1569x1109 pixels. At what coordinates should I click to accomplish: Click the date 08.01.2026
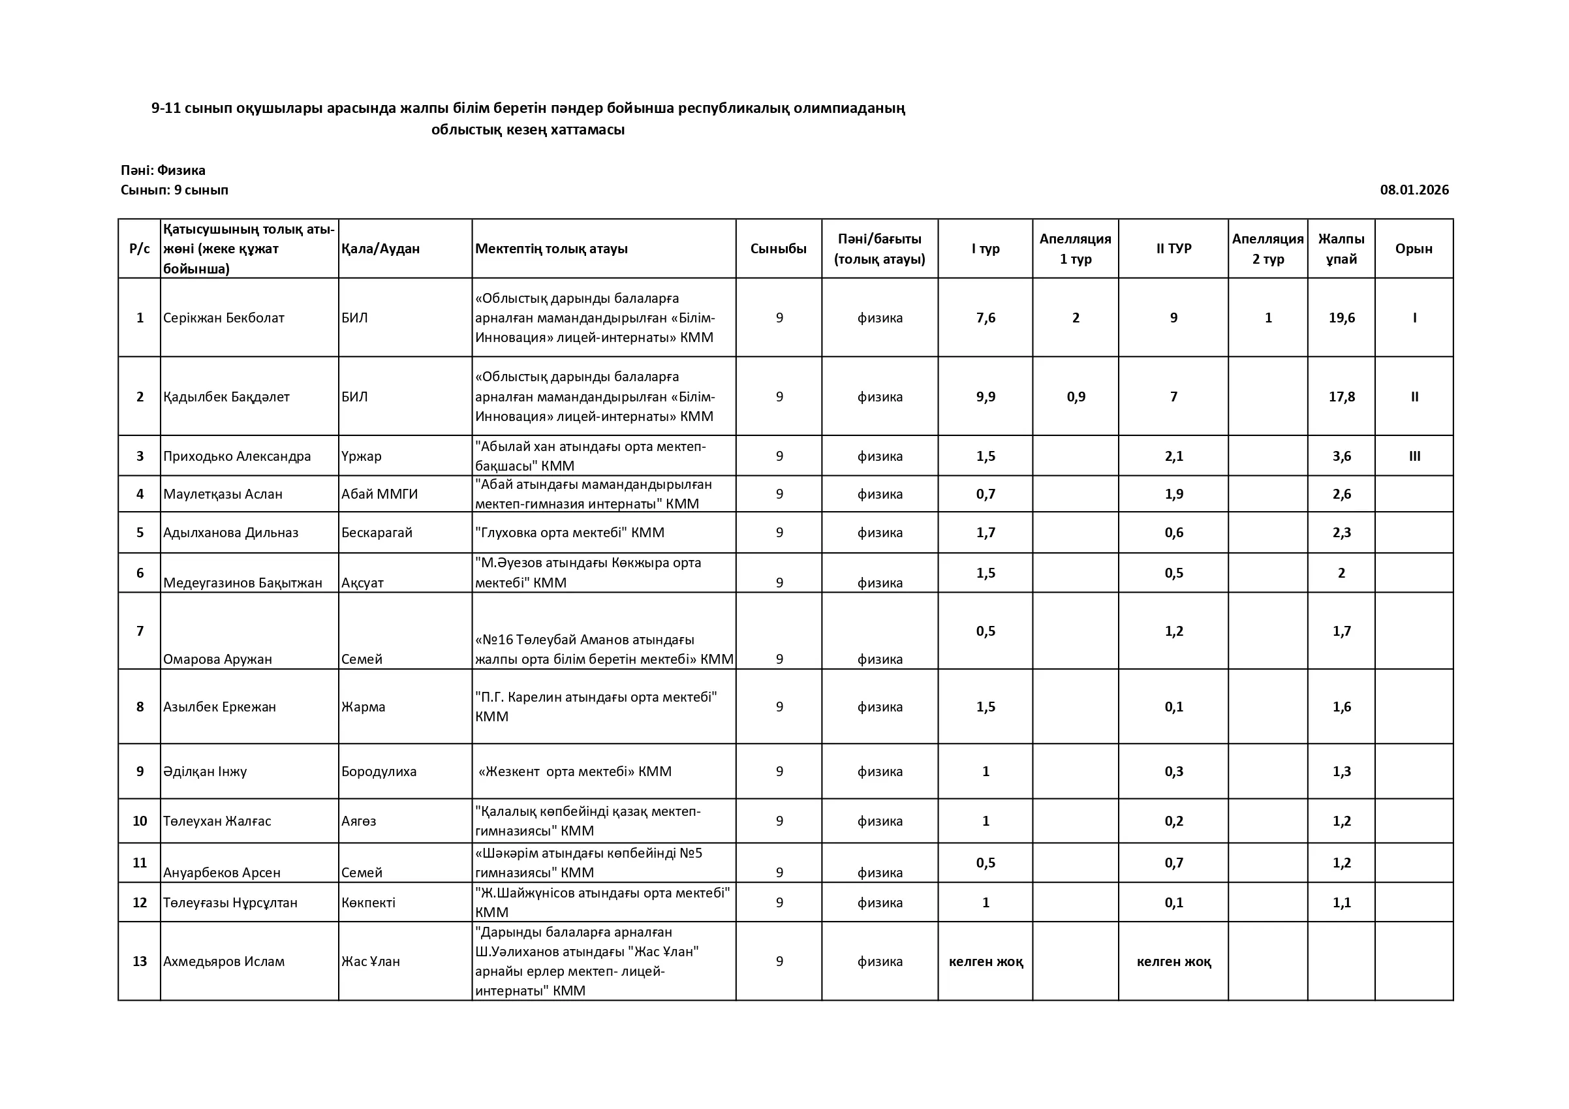[x=1414, y=190]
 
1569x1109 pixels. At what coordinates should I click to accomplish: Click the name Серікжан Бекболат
[x=223, y=318]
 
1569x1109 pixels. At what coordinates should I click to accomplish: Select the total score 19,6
[x=1341, y=318]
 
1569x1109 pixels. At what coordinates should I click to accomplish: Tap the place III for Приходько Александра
[x=1414, y=456]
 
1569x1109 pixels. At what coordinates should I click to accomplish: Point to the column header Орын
[x=1413, y=249]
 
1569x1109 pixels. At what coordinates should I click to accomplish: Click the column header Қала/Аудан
[x=381, y=249]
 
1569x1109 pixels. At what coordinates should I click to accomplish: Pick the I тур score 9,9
[x=986, y=397]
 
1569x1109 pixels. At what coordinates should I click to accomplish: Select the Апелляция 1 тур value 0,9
[x=1076, y=397]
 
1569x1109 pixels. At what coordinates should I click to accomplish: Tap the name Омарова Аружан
[x=217, y=659]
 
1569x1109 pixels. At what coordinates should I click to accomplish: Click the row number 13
[x=140, y=961]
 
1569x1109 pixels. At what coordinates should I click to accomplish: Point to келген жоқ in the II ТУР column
[x=1173, y=961]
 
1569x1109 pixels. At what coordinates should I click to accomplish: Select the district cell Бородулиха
[x=379, y=772]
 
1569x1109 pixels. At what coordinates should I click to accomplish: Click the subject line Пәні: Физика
[x=163, y=170]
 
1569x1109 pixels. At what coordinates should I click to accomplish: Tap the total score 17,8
[x=1341, y=397]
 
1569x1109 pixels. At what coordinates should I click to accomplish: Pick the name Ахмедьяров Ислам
[x=223, y=961]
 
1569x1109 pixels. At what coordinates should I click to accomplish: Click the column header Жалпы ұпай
[x=1341, y=249]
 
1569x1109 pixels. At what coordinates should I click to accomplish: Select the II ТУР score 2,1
[x=1173, y=456]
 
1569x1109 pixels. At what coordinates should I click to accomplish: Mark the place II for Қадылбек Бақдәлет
[x=1414, y=397]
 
